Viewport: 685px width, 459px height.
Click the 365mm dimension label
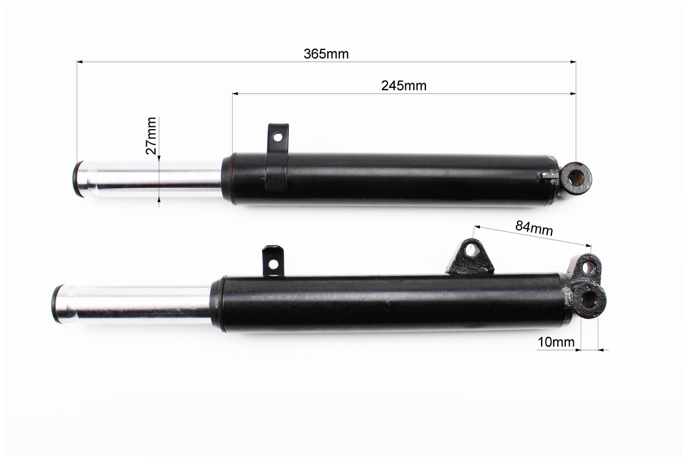pos(326,54)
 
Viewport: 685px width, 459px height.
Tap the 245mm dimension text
pos(404,85)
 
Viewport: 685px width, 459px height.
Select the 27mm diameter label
pos(151,135)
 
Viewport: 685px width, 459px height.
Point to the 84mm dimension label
pos(534,228)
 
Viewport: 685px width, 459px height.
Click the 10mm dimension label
pos(556,342)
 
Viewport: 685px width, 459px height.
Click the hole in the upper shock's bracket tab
pos(276,138)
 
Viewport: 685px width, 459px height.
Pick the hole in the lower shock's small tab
pos(273,264)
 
